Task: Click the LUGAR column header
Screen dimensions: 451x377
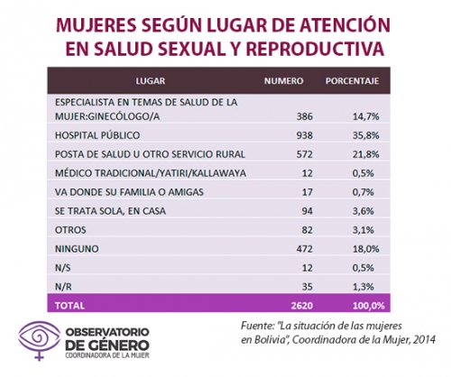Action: pyautogui.click(x=151, y=81)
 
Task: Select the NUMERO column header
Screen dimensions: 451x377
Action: pyautogui.click(x=283, y=81)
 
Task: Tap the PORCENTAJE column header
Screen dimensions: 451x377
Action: pyautogui.click(x=352, y=81)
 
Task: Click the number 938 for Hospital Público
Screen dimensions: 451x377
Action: pyautogui.click(x=305, y=135)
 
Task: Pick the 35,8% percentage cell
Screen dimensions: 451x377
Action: pyautogui.click(x=366, y=135)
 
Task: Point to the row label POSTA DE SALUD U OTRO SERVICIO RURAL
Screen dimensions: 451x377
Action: pyautogui.click(x=150, y=154)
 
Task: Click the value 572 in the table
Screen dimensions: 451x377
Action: pyautogui.click(x=305, y=154)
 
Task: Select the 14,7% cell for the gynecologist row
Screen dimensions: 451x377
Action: pyautogui.click(x=366, y=116)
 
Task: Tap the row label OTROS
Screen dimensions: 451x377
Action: pyautogui.click(x=70, y=230)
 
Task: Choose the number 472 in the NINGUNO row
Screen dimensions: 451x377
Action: pyautogui.click(x=305, y=249)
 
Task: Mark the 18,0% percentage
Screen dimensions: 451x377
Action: pyautogui.click(x=366, y=249)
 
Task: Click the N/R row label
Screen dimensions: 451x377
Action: pyautogui.click(x=63, y=287)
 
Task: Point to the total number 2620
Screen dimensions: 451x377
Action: pyautogui.click(x=302, y=306)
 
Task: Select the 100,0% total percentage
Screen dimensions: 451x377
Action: pyautogui.click(x=369, y=306)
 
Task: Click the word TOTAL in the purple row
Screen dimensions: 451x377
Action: pyautogui.click(x=69, y=306)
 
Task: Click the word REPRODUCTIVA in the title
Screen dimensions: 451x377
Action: pyautogui.click(x=315, y=49)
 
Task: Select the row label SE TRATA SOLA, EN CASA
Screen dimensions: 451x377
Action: pyautogui.click(x=110, y=211)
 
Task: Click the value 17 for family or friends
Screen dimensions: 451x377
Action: pyautogui.click(x=308, y=192)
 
